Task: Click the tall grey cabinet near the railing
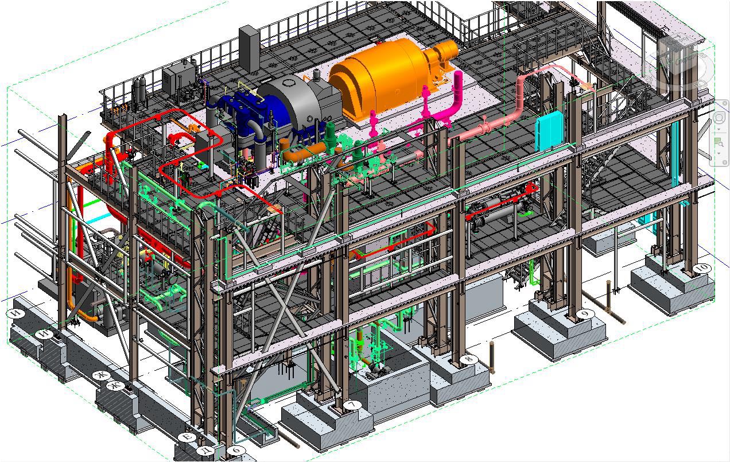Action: [249, 49]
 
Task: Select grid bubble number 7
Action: [352, 405]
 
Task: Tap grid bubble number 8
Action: [469, 360]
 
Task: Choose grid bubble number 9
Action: [585, 314]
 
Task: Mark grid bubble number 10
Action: [701, 269]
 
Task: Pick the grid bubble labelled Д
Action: [206, 451]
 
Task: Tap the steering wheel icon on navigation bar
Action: [720, 118]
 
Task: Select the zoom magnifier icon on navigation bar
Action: [719, 143]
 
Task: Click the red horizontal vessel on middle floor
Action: [499, 209]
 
